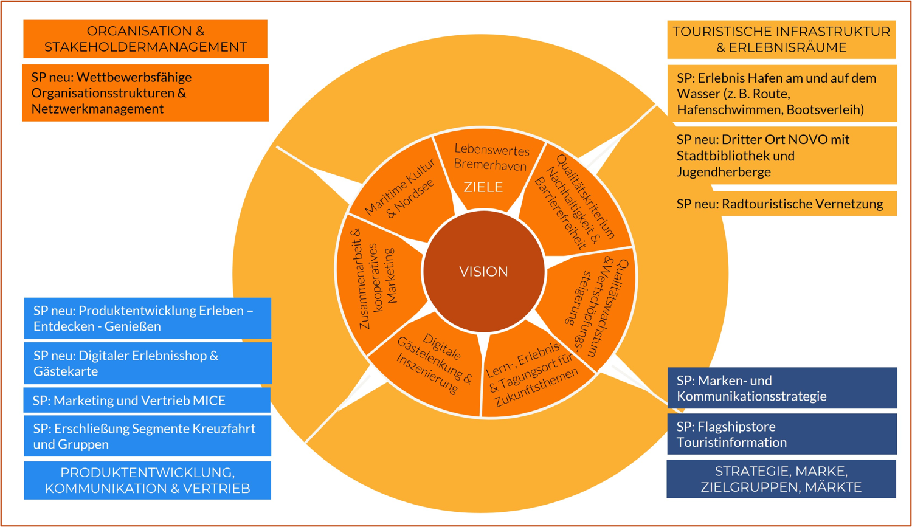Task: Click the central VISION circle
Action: (483, 272)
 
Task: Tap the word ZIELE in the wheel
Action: (483, 187)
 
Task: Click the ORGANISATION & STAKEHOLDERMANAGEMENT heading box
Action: (145, 39)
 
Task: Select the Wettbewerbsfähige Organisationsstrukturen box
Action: (145, 93)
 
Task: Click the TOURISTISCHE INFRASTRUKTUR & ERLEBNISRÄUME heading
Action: (781, 40)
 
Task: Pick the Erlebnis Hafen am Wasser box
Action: (782, 94)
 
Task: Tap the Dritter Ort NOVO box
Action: (782, 156)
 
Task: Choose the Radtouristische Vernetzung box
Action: (782, 204)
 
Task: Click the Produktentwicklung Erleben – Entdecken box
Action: (148, 319)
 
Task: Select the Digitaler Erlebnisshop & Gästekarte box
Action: (148, 363)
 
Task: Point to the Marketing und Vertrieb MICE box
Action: (148, 401)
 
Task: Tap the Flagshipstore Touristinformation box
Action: (782, 434)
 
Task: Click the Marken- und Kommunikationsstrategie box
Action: (782, 388)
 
